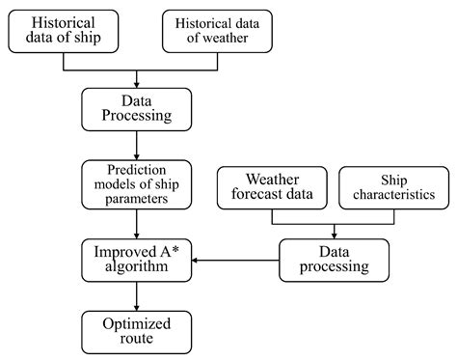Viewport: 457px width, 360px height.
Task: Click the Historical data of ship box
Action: click(64, 31)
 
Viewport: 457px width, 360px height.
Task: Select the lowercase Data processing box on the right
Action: click(335, 260)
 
